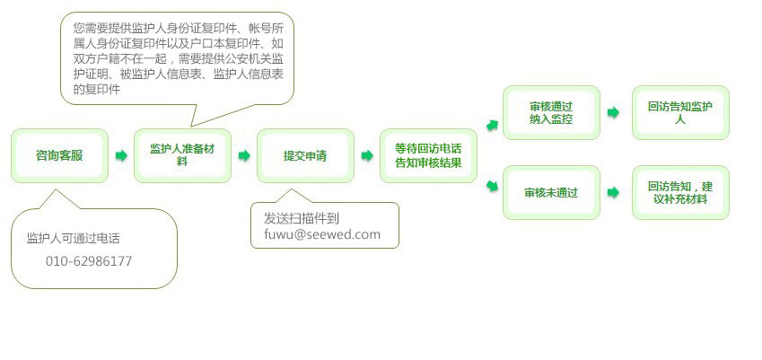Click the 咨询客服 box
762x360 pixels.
[59, 155]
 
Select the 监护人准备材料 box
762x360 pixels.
[182, 155]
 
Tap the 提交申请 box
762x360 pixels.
[305, 155]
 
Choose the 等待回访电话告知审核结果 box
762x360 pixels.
[428, 155]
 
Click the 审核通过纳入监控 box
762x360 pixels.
[551, 113]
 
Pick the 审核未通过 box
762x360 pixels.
[551, 192]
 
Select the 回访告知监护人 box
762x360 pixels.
[680, 113]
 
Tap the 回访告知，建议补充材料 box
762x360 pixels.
[680, 192]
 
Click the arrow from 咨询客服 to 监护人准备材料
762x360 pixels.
[121, 155]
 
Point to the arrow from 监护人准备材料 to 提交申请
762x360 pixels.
[244, 155]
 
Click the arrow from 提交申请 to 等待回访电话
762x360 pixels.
[367, 155]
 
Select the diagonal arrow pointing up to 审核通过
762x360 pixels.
[492, 126]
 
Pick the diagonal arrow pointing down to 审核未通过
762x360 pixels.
[492, 185]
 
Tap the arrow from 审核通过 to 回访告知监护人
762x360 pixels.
[613, 113]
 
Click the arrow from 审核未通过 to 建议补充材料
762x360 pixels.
[613, 192]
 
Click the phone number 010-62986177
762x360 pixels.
[89, 261]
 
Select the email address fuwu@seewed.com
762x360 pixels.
[322, 234]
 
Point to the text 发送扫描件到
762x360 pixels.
[302, 218]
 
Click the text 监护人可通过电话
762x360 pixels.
[73, 239]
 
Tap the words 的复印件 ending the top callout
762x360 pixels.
[96, 90]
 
